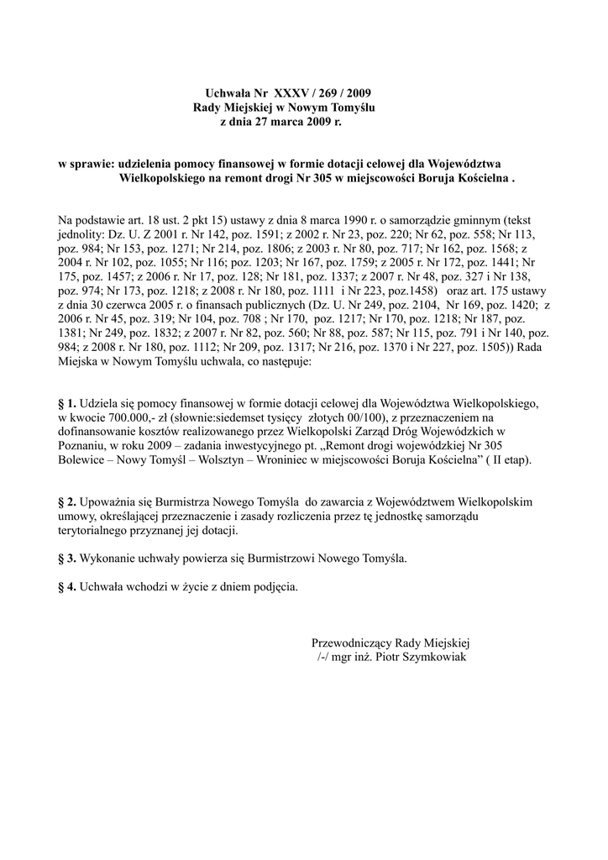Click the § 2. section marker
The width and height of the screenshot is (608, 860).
(x=66, y=501)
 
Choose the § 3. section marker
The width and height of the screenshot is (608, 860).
(x=66, y=558)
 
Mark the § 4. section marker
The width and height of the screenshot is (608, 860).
(x=66, y=587)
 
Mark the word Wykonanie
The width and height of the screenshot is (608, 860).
(x=107, y=558)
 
